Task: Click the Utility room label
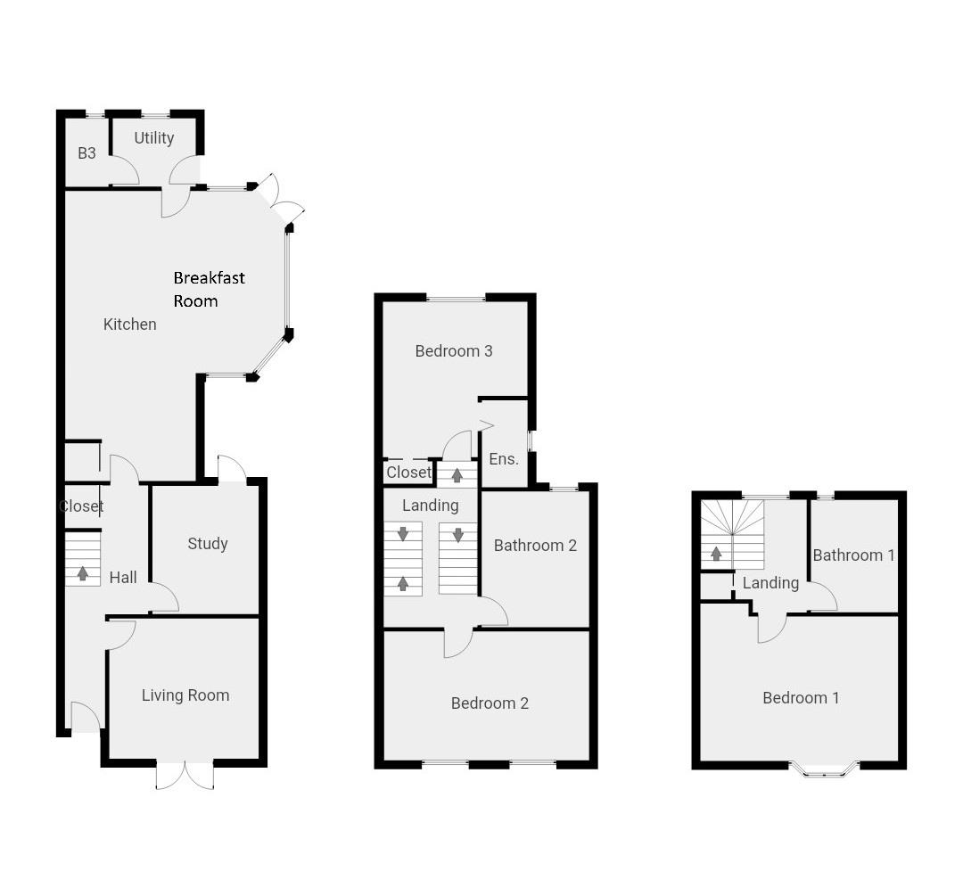coord(153,138)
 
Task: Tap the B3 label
coord(86,153)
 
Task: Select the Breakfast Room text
coord(209,289)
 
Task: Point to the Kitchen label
coord(130,325)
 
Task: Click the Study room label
coord(208,544)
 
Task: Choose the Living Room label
coord(185,695)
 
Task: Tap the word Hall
coord(123,578)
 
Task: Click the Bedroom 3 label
coord(454,351)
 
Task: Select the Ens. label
coord(504,460)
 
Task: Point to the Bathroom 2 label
coord(535,546)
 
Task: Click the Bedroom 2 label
coord(490,703)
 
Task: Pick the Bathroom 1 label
coord(853,555)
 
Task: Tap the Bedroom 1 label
coord(801,698)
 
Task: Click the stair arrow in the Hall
coord(83,573)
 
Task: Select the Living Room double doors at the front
coord(185,774)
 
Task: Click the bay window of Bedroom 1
coord(823,769)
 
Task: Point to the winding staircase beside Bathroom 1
coord(733,533)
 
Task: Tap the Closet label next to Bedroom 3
coord(408,473)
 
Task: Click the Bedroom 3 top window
coord(456,298)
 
